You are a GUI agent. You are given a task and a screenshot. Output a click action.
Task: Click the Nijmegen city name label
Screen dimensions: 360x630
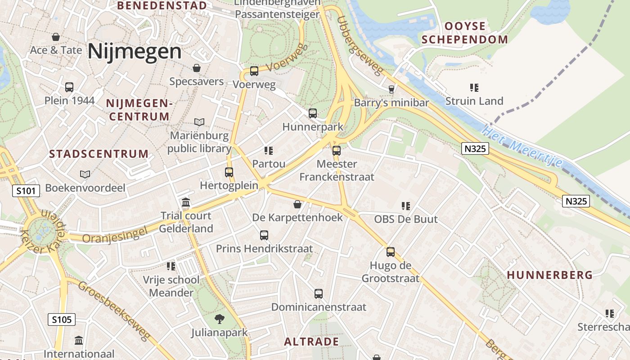(135, 51)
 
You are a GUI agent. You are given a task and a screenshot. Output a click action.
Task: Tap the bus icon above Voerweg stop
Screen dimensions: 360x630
(254, 71)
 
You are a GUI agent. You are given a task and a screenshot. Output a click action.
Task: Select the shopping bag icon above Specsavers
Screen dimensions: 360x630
(197, 68)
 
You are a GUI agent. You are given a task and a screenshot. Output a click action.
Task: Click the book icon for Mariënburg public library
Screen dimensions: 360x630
(199, 122)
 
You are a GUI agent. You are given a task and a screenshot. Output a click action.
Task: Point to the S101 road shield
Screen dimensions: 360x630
(26, 191)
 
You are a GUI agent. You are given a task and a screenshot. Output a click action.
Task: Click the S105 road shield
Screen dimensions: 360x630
(62, 320)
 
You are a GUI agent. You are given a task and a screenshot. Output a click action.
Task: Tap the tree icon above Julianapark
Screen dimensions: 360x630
(220, 319)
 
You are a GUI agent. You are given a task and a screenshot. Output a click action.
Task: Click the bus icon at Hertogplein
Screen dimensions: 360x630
(229, 172)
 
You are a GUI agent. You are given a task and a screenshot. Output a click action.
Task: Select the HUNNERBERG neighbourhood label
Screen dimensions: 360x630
(549, 275)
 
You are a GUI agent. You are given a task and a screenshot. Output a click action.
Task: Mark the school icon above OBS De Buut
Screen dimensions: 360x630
(406, 206)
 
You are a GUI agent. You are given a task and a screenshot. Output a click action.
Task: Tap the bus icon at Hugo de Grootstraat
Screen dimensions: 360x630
(391, 252)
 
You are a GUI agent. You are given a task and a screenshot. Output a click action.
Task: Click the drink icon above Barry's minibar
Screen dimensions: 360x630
(391, 89)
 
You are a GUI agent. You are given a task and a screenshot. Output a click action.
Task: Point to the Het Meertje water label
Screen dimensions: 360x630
(522, 146)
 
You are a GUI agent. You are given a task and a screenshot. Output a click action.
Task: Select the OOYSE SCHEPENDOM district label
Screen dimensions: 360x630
(465, 33)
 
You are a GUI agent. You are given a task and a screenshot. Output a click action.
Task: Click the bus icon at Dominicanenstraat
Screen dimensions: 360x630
(319, 294)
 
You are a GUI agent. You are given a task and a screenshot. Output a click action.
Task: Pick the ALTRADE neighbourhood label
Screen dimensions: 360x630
(311, 342)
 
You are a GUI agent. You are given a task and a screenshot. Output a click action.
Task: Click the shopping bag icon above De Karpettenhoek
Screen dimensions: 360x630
(297, 205)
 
